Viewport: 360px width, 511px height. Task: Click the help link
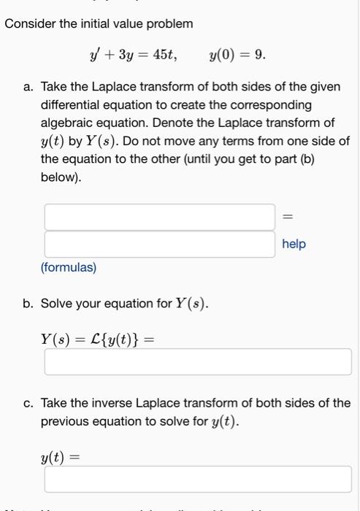click(294, 244)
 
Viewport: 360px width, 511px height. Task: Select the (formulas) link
click(69, 268)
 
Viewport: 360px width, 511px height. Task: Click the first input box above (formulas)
click(160, 217)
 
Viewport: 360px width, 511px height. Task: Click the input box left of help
click(160, 244)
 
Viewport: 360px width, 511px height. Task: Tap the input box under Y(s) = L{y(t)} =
click(197, 362)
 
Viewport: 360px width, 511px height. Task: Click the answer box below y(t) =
click(197, 479)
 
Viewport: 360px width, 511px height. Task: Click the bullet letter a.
click(27, 87)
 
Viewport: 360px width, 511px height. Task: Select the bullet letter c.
click(27, 403)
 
